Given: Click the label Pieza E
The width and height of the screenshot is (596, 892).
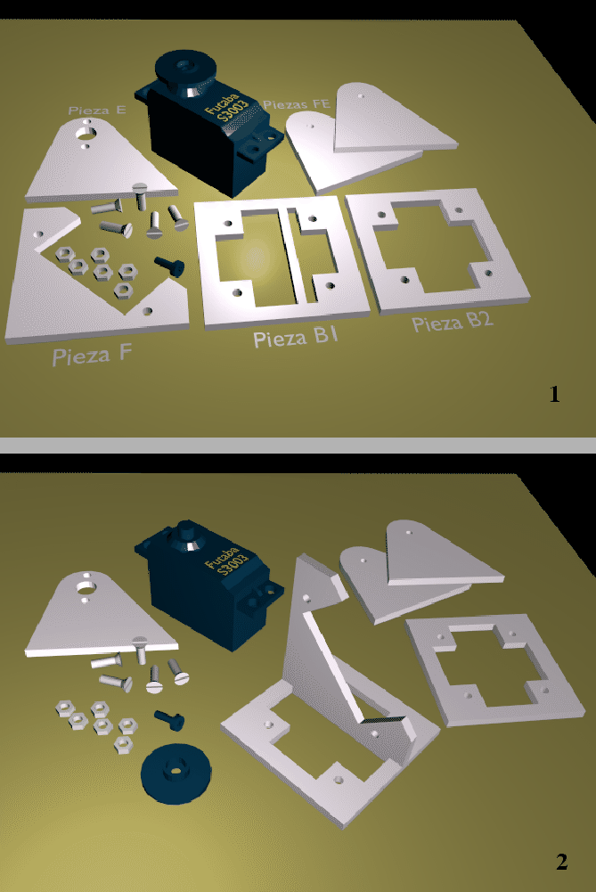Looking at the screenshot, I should tap(96, 110).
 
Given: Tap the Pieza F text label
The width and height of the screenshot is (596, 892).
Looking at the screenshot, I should tap(92, 356).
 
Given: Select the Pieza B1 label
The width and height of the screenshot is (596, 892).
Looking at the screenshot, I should tap(295, 338).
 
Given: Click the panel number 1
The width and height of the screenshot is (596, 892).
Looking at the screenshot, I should tap(554, 394).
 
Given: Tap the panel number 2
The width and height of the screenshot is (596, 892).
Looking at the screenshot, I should tap(561, 862).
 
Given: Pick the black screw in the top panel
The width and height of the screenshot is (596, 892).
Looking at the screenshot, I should tap(168, 264).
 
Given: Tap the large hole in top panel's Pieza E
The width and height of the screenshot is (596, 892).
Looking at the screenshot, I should tap(86, 133).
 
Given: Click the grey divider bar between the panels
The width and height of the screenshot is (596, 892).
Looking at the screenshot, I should tap(298, 444).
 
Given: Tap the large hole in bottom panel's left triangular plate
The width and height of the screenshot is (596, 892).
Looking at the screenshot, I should tap(86, 587).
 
